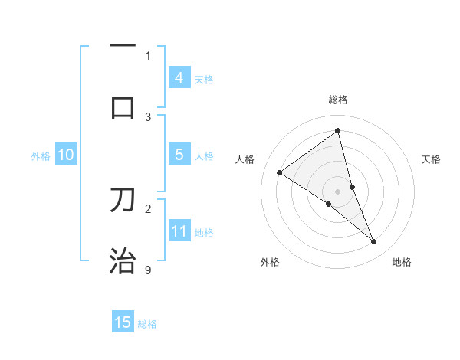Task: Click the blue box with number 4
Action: (x=179, y=78)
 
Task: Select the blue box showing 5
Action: (x=179, y=155)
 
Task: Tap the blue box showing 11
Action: (x=179, y=231)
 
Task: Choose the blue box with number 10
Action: (x=66, y=155)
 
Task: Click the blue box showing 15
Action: (x=123, y=322)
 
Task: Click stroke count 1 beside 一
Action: (x=148, y=55)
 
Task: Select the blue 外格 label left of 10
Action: (x=41, y=156)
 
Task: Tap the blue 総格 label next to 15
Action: (x=147, y=323)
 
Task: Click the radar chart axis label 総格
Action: (x=337, y=100)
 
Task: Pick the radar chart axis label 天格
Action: (x=431, y=159)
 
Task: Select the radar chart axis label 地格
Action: (x=402, y=262)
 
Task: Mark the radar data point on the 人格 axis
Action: (x=279, y=172)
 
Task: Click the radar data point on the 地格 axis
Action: (x=374, y=242)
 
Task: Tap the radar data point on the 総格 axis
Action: (x=337, y=130)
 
